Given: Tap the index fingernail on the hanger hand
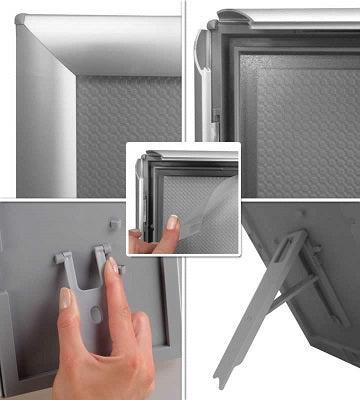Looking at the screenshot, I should (x=65, y=298).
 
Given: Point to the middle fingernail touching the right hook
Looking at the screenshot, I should (x=112, y=266).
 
